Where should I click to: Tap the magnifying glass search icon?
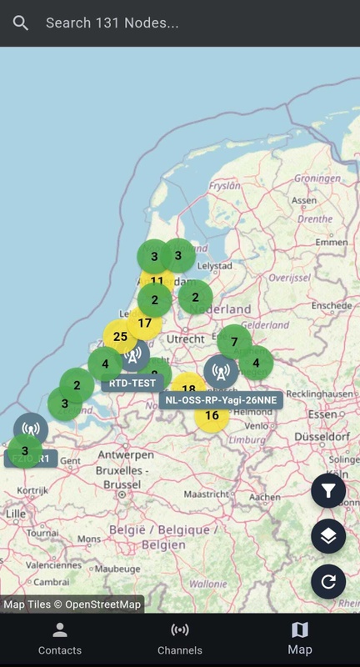21,23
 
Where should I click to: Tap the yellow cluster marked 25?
120,337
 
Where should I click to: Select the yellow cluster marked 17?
145,323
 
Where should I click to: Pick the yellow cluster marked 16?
212,415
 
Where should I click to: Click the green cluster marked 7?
235,342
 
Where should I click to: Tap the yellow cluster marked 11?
157,280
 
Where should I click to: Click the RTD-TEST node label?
133,384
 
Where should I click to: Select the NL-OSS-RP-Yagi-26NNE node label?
221,399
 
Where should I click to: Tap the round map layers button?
328,536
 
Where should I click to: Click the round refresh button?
328,581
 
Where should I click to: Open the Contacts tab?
60,639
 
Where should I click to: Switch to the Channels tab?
180,639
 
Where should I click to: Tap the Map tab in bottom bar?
299,639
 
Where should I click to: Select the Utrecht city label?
185,339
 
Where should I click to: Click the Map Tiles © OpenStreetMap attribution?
72,604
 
